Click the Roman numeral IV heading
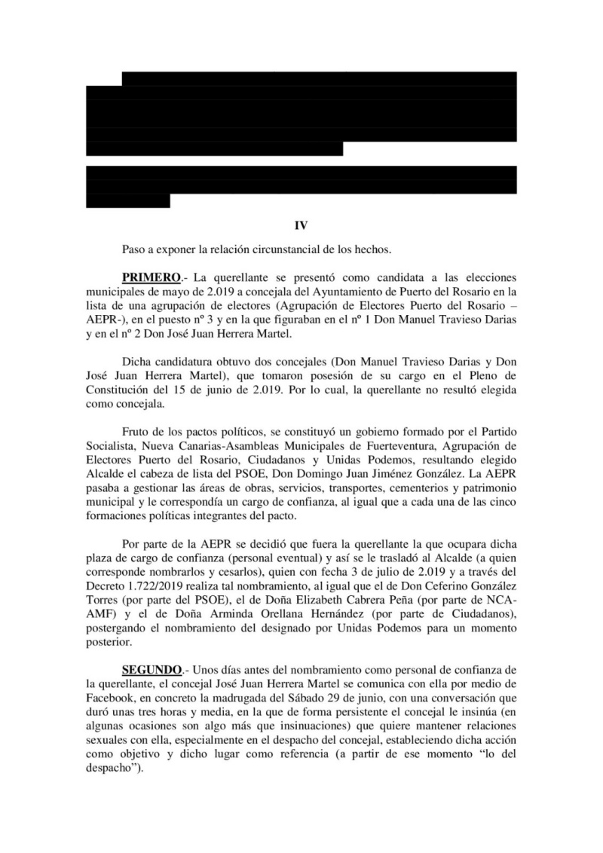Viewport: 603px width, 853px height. click(301, 225)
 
